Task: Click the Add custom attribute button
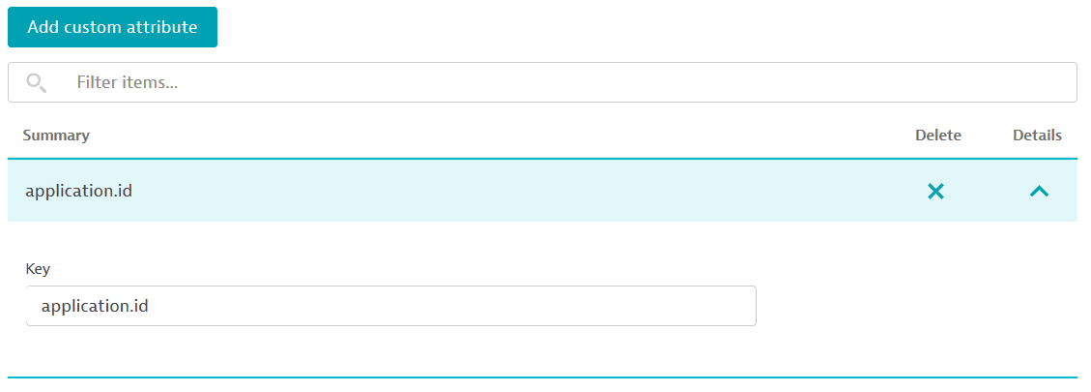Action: (113, 27)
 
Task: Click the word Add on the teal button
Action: (43, 28)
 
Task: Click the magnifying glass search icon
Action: (36, 83)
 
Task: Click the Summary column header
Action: (56, 136)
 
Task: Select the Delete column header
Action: (938, 136)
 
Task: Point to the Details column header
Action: (1038, 136)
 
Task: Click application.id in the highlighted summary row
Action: (78, 191)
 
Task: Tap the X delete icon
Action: (935, 191)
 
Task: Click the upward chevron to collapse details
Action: (1039, 191)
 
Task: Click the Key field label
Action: (39, 269)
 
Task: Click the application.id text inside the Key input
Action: (95, 306)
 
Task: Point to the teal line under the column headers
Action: (543, 159)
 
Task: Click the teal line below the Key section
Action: (543, 377)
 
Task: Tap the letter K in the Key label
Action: (30, 268)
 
